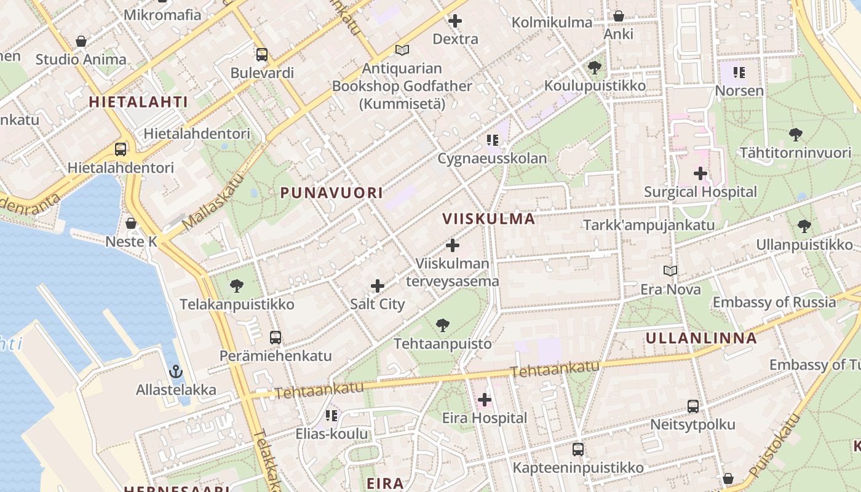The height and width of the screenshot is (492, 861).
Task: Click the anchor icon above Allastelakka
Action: click(176, 371)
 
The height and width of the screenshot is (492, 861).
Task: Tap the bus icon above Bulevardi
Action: click(262, 54)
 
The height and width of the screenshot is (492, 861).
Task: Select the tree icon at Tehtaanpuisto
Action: click(442, 325)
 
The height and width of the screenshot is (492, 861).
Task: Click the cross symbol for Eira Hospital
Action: click(485, 400)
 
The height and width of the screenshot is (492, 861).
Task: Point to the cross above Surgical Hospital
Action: click(700, 173)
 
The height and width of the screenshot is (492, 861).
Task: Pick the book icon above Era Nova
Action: click(670, 271)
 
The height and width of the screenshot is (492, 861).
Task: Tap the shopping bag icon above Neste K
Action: click(130, 223)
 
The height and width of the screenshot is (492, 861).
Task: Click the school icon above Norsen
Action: click(739, 73)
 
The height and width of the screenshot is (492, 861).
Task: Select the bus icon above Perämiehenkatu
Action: click(276, 337)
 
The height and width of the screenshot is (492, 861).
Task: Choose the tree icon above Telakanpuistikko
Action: click(236, 285)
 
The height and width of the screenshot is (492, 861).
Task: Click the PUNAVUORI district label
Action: click(331, 192)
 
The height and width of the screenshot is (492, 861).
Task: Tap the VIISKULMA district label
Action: click(488, 218)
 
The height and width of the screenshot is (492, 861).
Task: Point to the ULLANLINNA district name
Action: click(701, 338)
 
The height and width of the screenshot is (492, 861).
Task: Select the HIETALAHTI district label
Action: click(138, 101)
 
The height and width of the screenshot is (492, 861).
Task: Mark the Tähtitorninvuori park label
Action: click(795, 152)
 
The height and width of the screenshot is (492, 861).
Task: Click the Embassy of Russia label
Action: click(774, 302)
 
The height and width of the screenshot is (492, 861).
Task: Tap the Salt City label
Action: click(377, 304)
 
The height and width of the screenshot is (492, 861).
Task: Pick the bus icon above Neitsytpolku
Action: click(692, 406)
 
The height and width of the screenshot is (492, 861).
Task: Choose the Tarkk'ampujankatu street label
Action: click(649, 224)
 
